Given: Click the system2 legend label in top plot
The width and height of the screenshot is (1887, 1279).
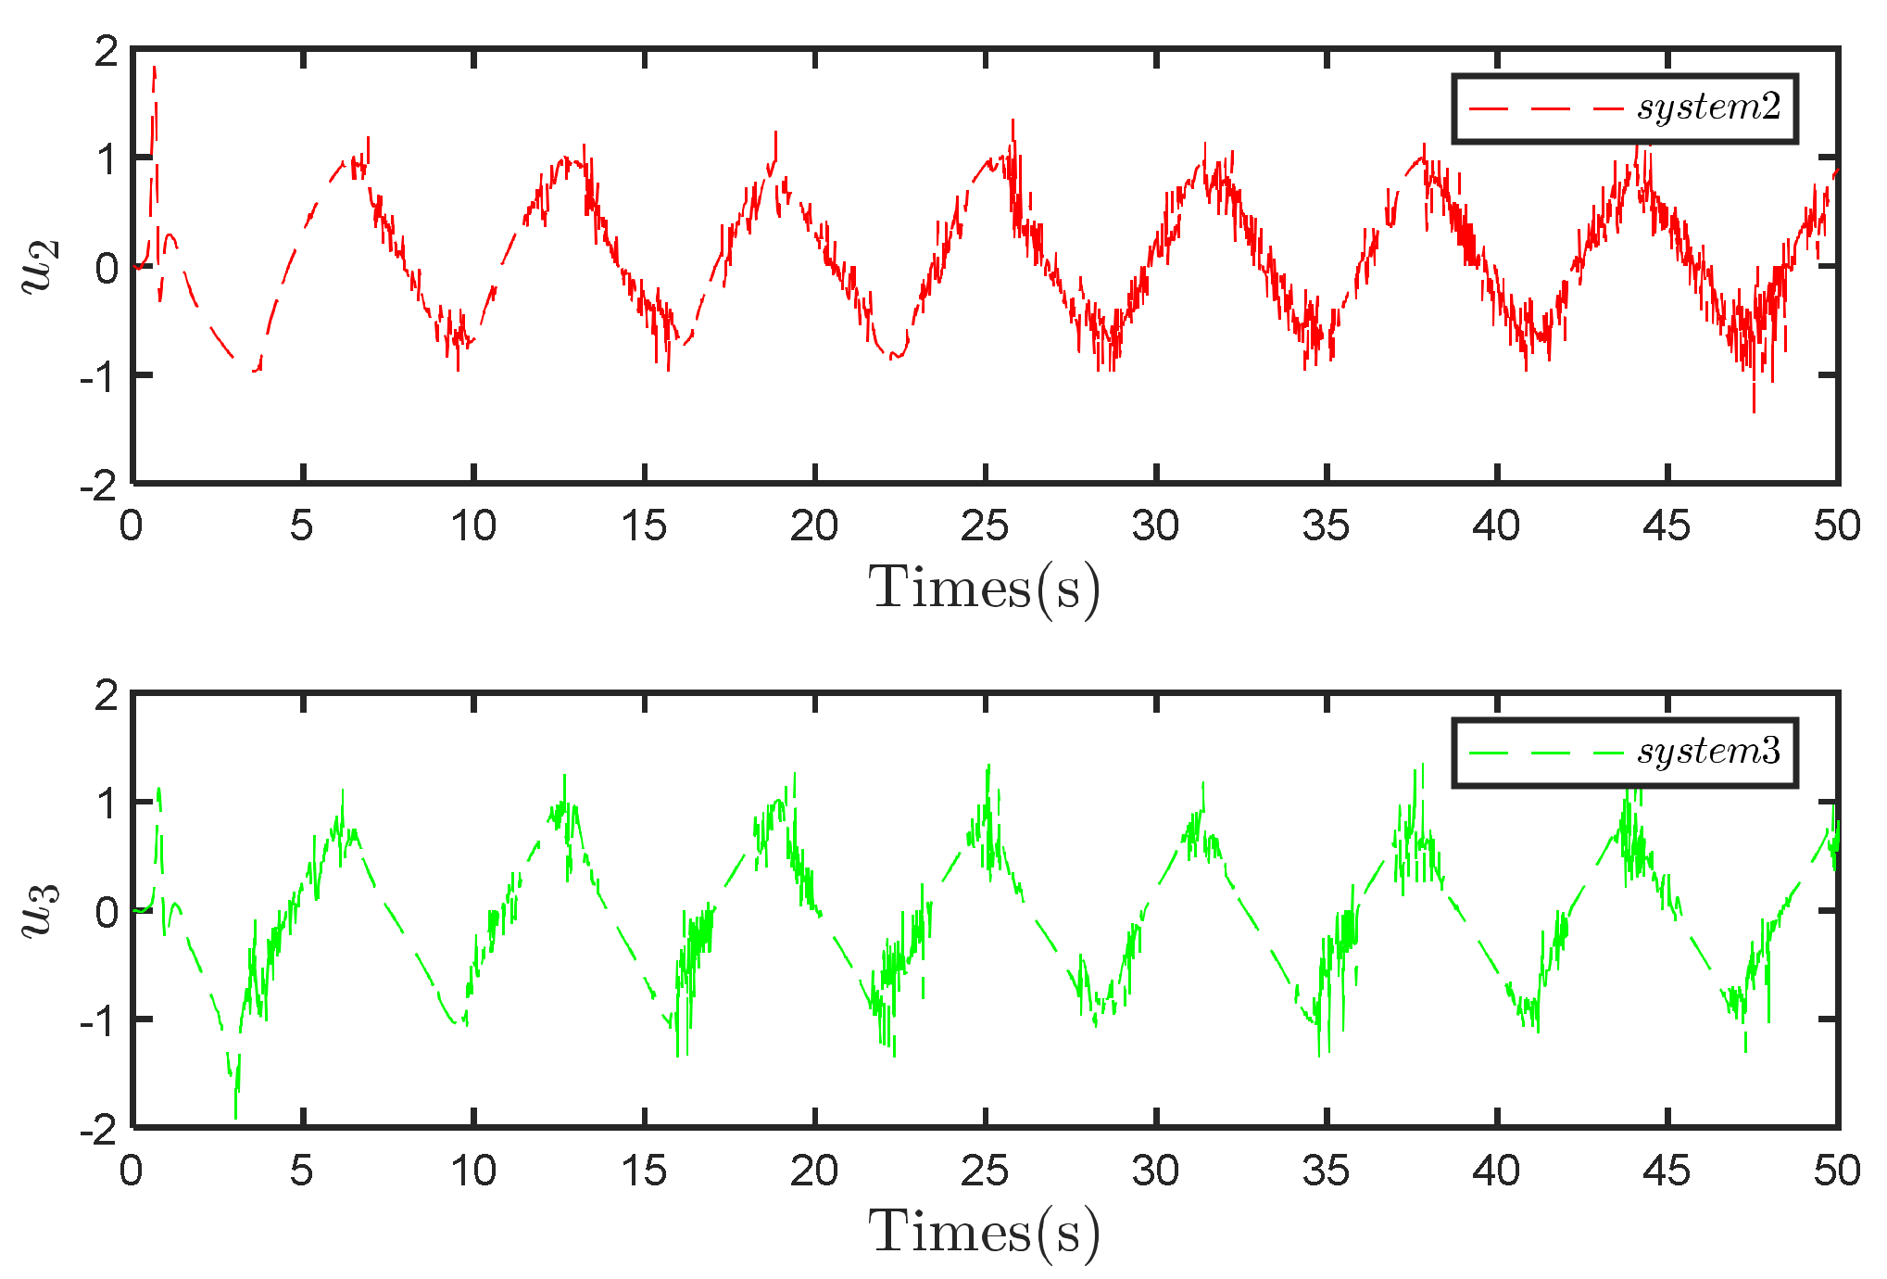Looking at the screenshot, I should (1708, 108).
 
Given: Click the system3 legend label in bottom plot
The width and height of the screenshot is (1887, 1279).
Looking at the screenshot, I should (1708, 752).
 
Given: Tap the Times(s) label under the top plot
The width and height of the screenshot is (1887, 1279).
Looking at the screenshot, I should (984, 588).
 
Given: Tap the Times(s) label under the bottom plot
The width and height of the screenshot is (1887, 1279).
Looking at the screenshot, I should (984, 1232).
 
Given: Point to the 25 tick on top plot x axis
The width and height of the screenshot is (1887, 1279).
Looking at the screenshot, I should (984, 526).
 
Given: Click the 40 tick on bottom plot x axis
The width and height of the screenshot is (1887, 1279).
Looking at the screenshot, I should (1496, 1171).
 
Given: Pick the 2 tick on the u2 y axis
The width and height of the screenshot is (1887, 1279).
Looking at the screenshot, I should (107, 51).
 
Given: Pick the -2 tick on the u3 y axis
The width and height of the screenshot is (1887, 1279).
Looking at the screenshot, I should (98, 1130).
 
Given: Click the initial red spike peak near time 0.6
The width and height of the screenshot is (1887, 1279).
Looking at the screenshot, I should (155, 68).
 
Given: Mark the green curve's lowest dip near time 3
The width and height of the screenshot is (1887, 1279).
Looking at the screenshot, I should (235, 1117).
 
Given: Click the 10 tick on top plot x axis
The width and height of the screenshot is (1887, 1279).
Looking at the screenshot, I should (473, 526).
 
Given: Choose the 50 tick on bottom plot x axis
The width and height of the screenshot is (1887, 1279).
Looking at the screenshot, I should (1836, 1171).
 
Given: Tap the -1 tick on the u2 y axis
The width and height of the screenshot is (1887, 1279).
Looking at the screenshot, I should (98, 375).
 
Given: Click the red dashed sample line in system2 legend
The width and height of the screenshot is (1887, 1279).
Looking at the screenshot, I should (1545, 108).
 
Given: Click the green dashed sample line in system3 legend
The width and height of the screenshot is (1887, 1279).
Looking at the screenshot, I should (1545, 753).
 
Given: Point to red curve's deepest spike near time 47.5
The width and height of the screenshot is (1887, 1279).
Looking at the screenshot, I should (1754, 411).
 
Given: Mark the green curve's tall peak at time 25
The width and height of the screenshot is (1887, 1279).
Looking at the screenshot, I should (988, 766).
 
